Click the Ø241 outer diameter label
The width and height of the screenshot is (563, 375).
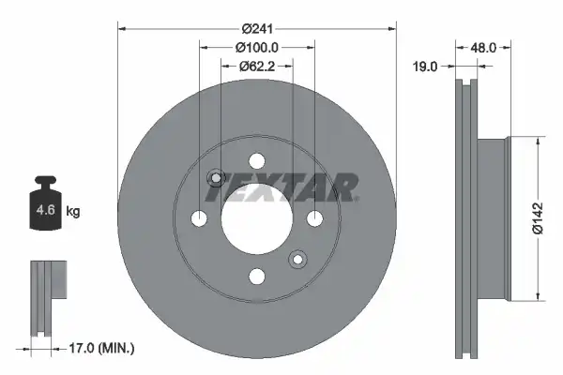[257, 28]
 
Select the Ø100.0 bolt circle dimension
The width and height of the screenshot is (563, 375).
[257, 48]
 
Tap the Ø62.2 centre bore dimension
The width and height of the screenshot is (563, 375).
[257, 66]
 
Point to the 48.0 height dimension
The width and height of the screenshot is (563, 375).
[483, 48]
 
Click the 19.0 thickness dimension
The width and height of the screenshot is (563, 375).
[425, 67]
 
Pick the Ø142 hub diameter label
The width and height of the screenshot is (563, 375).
[539, 218]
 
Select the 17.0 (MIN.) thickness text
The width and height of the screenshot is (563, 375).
[101, 348]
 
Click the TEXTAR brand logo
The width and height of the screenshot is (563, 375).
[282, 187]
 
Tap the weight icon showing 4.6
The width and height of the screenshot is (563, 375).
[46, 202]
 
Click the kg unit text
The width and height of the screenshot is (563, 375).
[73, 211]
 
